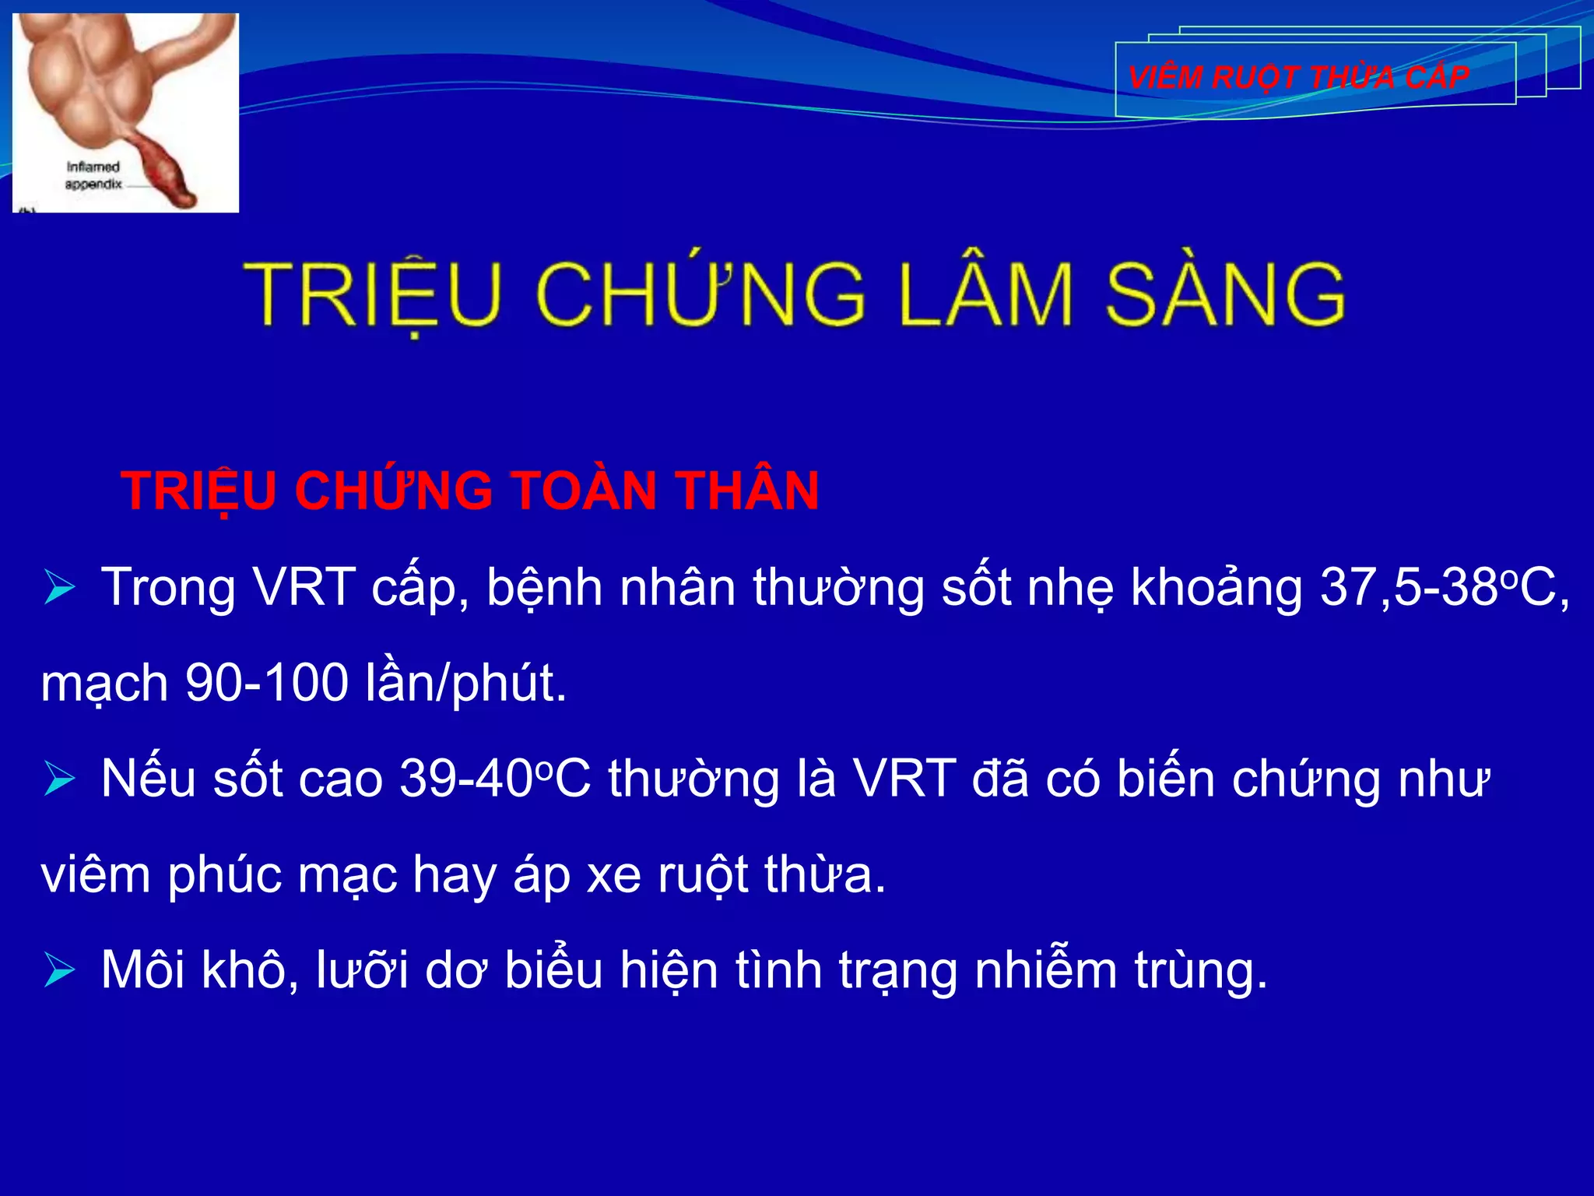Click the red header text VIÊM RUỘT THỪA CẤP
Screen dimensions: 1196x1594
pos(1298,78)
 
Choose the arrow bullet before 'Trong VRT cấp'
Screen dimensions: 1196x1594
pos(59,587)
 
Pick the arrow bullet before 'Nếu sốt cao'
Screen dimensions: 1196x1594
pos(59,779)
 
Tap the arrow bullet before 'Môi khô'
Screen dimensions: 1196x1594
pos(59,970)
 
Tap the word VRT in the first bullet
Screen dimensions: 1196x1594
pos(305,587)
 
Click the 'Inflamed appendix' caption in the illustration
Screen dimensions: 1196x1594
pos(93,175)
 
